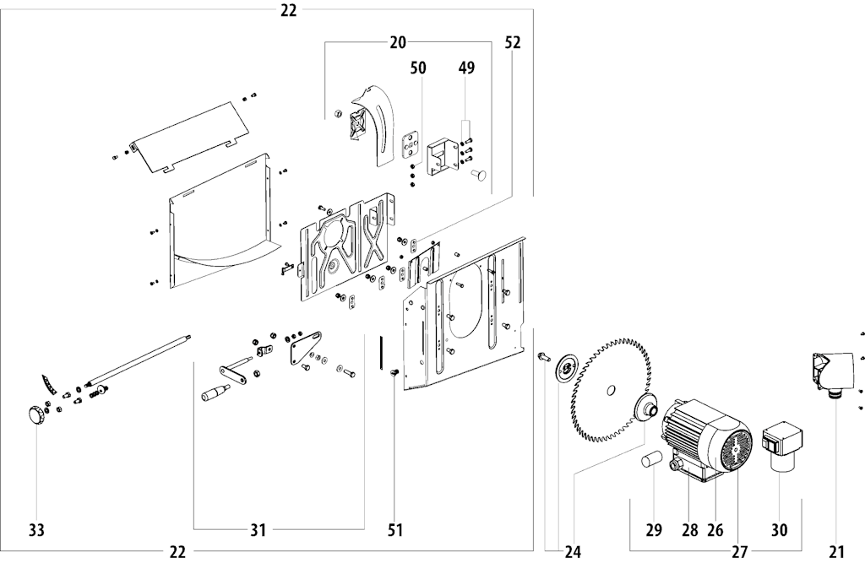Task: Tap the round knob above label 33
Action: (35, 415)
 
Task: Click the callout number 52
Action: (513, 42)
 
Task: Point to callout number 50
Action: (418, 68)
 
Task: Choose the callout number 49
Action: (466, 68)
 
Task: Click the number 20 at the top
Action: (398, 42)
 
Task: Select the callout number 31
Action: (258, 530)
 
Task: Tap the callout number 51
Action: (395, 530)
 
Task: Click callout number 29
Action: (654, 530)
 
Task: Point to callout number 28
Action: (689, 530)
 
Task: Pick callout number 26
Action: (715, 530)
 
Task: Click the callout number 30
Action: (779, 530)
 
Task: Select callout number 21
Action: (837, 551)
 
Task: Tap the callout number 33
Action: (36, 530)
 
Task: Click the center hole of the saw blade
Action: (610, 391)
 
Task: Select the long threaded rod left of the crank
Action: (139, 359)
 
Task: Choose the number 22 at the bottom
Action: (177, 551)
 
